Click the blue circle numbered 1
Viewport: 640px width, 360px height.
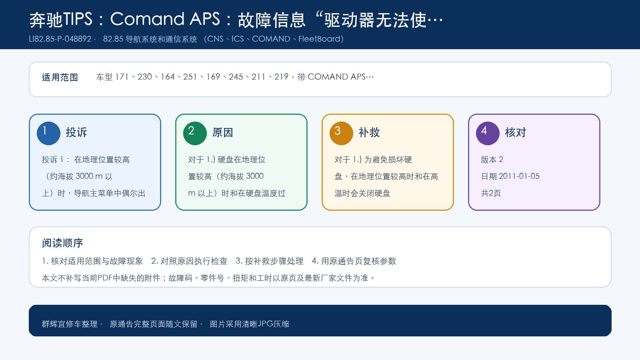tap(48, 133)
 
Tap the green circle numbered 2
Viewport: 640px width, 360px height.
tap(195, 133)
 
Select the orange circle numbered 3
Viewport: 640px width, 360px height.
tap(341, 133)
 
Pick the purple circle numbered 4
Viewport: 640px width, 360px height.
tap(488, 133)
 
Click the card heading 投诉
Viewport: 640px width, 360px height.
tap(76, 132)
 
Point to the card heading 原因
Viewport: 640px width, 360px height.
tap(222, 132)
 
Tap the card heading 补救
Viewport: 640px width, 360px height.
tap(369, 132)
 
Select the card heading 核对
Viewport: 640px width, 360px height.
tap(516, 132)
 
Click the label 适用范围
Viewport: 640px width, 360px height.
tap(60, 77)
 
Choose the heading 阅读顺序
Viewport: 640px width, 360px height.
tap(62, 243)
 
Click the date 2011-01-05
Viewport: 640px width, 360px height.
tap(519, 176)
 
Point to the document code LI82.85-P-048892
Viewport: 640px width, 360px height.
tap(60, 39)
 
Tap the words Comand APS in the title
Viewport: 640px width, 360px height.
tap(165, 19)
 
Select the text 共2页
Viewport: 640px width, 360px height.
tap(491, 193)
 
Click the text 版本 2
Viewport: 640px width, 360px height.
tap(492, 160)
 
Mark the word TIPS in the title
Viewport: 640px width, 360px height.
tap(78, 19)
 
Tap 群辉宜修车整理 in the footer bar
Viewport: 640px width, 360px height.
tap(70, 324)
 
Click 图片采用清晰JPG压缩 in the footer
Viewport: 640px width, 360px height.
tap(250, 324)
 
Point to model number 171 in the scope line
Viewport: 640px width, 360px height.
tap(122, 77)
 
